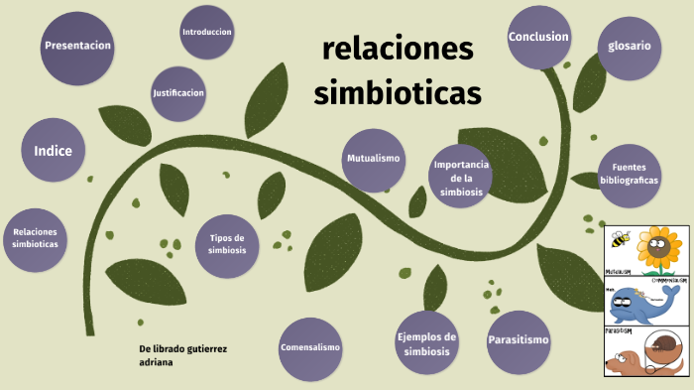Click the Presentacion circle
tap(77, 46)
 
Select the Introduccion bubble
tap(207, 32)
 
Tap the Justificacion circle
tap(178, 93)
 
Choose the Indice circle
tap(54, 151)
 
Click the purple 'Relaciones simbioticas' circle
tap(36, 238)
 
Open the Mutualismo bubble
tap(373, 159)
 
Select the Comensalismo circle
tap(310, 348)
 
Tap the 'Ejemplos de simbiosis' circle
tap(427, 344)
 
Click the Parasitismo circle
tap(518, 340)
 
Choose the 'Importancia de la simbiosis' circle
tap(461, 177)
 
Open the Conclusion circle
tap(538, 38)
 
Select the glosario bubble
tap(630, 46)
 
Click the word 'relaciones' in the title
tap(399, 48)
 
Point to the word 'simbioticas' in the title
tap(398, 92)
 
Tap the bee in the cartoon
tap(621, 240)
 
